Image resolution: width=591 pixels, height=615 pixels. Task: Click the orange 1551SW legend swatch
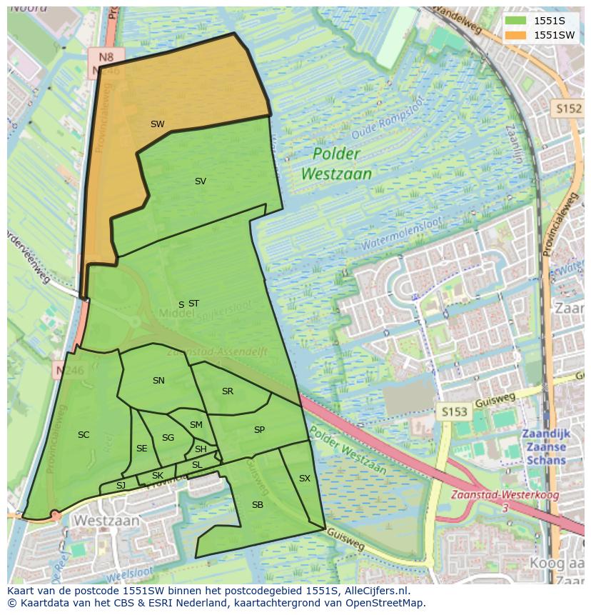coord(515,35)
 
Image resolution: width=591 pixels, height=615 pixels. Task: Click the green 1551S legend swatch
coord(515,21)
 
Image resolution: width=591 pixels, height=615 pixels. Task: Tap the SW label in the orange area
coord(157,124)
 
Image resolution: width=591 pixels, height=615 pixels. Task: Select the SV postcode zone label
coord(200,181)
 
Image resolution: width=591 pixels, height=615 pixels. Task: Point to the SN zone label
coord(158,381)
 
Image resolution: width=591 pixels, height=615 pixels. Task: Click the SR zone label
coord(227,391)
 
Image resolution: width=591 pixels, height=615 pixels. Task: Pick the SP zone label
coord(259,430)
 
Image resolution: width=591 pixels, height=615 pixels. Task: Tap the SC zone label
coord(84,435)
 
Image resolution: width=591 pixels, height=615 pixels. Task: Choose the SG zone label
coord(168,438)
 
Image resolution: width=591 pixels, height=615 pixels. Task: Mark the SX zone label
coord(304,479)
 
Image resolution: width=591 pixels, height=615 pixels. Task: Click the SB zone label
coord(257,505)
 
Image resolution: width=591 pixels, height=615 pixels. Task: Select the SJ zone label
coord(121,486)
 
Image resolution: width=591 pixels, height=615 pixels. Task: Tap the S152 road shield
coord(568,108)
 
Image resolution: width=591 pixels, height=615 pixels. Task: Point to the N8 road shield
coord(106,56)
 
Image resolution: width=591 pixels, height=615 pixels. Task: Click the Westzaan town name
coord(106,520)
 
